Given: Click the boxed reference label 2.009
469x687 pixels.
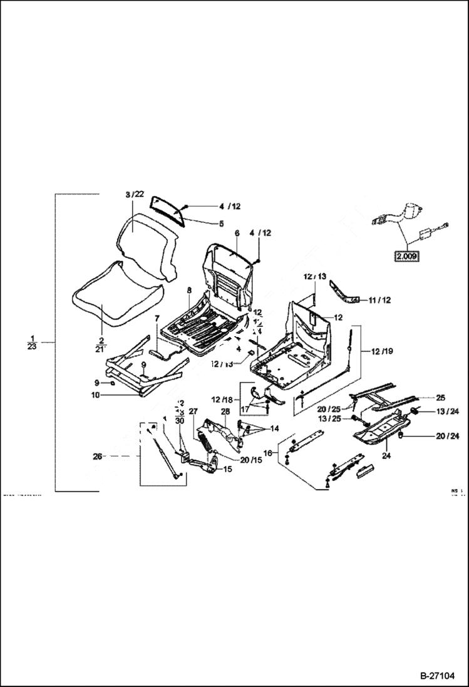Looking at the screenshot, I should [x=406, y=256].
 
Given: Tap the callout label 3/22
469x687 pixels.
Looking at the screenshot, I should [x=135, y=195].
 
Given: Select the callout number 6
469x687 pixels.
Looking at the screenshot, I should [x=237, y=232].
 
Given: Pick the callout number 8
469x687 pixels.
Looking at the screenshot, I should [x=188, y=291].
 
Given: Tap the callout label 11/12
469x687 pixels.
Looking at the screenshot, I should [x=378, y=300].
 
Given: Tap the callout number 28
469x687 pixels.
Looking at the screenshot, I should [x=225, y=411].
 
